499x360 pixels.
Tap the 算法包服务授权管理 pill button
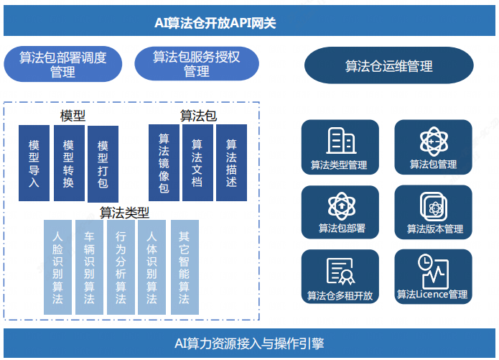coord(196,65)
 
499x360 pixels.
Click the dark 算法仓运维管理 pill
coord(388,66)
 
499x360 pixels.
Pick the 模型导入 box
coord(34,163)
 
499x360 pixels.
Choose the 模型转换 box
coord(68,163)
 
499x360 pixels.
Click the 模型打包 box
coord(103,164)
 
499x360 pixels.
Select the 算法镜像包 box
coord(164,163)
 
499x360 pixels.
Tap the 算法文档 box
coord(197,163)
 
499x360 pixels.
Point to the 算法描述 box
coord(231,163)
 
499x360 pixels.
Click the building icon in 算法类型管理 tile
coord(339,140)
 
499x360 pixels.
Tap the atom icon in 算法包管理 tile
coord(433,140)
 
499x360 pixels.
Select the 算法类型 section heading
coord(124,213)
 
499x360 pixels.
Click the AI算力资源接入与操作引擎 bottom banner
coord(249,343)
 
